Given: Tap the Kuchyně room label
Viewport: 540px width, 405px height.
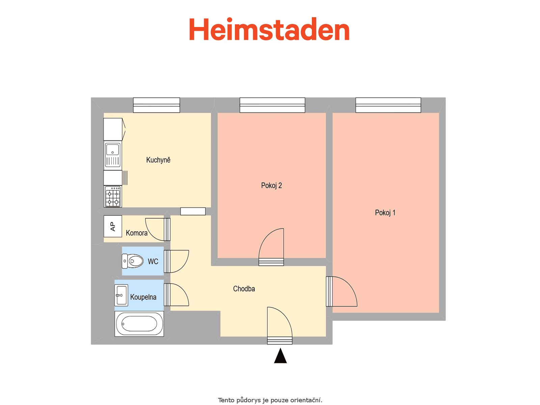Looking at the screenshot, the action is tap(158, 160).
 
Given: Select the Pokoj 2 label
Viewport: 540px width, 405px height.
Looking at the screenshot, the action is tap(271, 185).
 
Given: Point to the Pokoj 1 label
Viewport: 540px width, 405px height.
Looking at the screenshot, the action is tap(385, 213).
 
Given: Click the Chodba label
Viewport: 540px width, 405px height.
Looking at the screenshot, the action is tap(244, 289).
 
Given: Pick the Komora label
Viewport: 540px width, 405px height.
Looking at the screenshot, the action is tap(137, 233).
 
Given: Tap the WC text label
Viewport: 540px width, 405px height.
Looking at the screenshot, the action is tap(153, 261).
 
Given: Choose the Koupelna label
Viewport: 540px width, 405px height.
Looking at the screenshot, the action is tap(143, 297).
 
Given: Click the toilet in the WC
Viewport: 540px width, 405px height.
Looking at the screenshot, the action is tap(132, 261).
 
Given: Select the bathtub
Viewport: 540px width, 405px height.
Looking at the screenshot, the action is tap(139, 324).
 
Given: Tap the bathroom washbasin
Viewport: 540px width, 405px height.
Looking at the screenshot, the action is tap(121, 295).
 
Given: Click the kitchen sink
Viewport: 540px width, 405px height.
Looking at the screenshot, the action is tap(113, 155).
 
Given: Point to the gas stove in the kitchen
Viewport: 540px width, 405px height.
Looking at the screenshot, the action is tap(113, 196).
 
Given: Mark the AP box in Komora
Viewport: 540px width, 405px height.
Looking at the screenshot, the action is tap(113, 226).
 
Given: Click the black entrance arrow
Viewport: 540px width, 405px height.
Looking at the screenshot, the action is tap(280, 356).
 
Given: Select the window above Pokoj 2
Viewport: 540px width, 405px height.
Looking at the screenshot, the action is tap(272, 105).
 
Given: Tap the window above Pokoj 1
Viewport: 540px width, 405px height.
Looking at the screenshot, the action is tap(388, 105).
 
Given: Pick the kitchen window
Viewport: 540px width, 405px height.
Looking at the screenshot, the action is tap(157, 105).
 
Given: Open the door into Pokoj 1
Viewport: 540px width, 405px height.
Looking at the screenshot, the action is tap(342, 291).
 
